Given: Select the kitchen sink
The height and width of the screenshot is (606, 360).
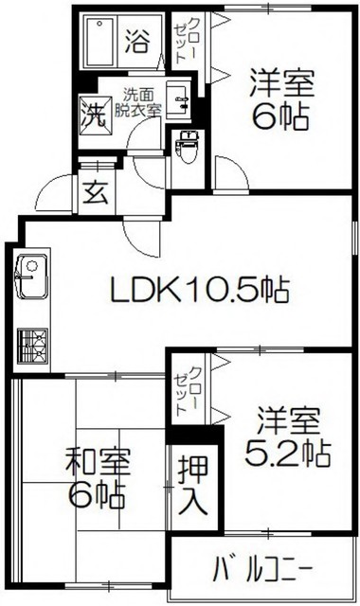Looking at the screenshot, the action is (x=27, y=276).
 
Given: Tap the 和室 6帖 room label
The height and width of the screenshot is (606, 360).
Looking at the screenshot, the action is (x=98, y=478).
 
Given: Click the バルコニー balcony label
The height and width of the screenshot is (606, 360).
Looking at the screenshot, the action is (x=262, y=571).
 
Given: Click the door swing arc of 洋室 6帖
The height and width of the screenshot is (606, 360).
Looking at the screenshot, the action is (x=228, y=173).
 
